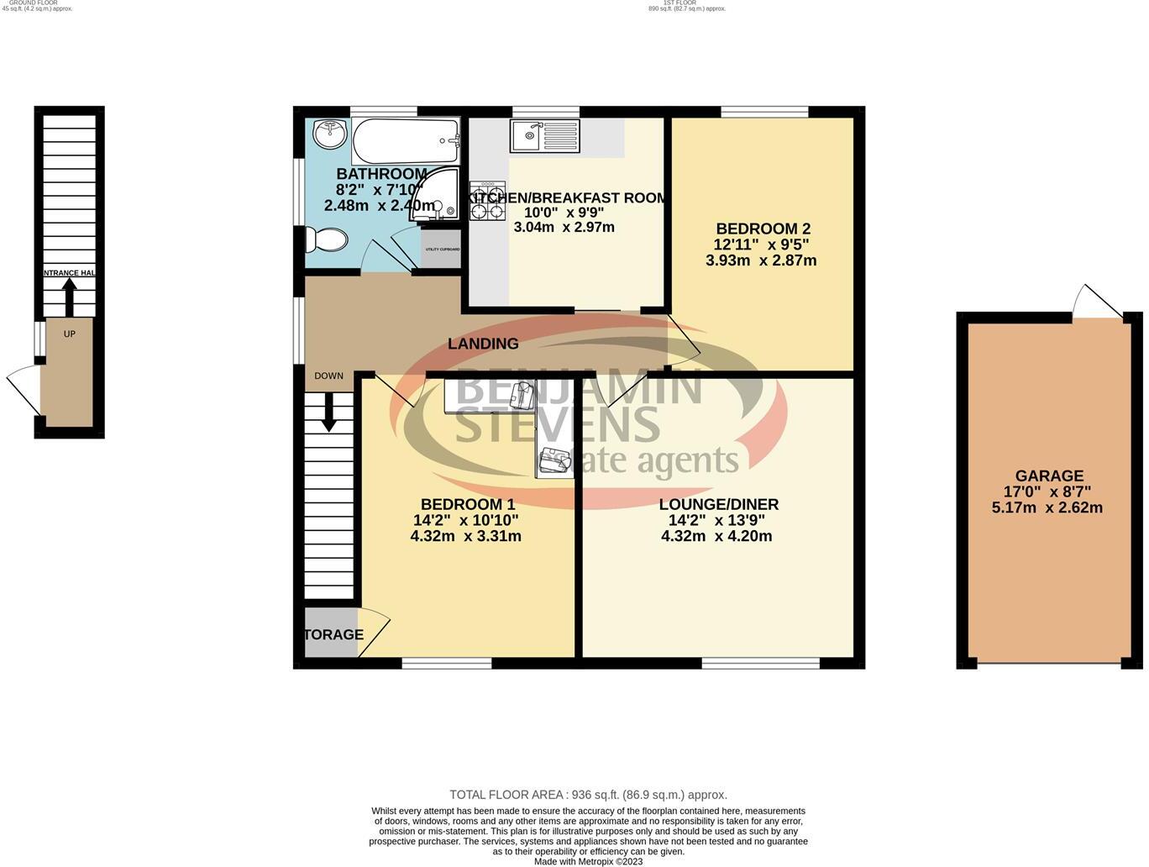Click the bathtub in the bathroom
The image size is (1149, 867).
(406, 141)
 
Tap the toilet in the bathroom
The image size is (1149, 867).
(324, 241)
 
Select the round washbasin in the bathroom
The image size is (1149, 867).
(329, 133)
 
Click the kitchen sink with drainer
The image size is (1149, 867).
(544, 136)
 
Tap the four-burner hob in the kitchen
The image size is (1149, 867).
(487, 202)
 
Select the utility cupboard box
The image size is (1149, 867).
(442, 250)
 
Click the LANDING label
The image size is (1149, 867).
(483, 344)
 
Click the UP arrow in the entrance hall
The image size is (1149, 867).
(69, 296)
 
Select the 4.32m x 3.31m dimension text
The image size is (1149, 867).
(465, 536)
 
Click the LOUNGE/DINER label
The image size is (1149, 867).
(718, 504)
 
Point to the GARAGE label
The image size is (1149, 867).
(1048, 476)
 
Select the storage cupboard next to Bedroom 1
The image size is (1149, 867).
(332, 634)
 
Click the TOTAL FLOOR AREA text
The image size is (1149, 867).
(588, 795)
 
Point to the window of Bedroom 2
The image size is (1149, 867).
(764, 112)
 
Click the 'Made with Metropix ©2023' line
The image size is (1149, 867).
(588, 861)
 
